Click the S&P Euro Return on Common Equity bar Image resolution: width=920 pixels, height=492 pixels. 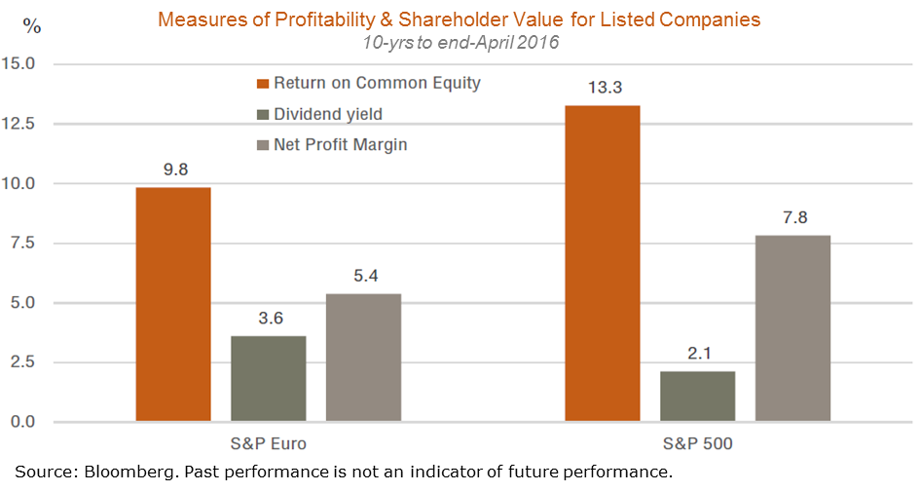pyautogui.click(x=173, y=304)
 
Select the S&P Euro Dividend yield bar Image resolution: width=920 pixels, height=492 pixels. pyautogui.click(x=268, y=379)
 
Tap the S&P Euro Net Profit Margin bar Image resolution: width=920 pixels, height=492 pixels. pyautogui.click(x=363, y=358)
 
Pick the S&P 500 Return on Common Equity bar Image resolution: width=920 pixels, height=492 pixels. pyautogui.click(x=603, y=263)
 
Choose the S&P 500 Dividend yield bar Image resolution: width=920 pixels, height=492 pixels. pyautogui.click(x=697, y=397)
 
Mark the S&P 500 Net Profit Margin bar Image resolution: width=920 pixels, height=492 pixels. pyautogui.click(x=792, y=328)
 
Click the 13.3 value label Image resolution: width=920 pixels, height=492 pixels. pyautogui.click(x=604, y=88)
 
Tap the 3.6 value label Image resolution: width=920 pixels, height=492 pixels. pyautogui.click(x=269, y=319)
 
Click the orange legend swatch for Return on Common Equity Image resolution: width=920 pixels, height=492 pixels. pyautogui.click(x=262, y=84)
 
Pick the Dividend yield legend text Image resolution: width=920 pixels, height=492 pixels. pyautogui.click(x=328, y=114)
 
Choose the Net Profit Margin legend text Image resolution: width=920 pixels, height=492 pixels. pyautogui.click(x=340, y=145)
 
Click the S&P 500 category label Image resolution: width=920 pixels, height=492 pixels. pyautogui.click(x=697, y=444)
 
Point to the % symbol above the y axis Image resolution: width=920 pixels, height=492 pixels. pyautogui.click(x=32, y=26)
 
